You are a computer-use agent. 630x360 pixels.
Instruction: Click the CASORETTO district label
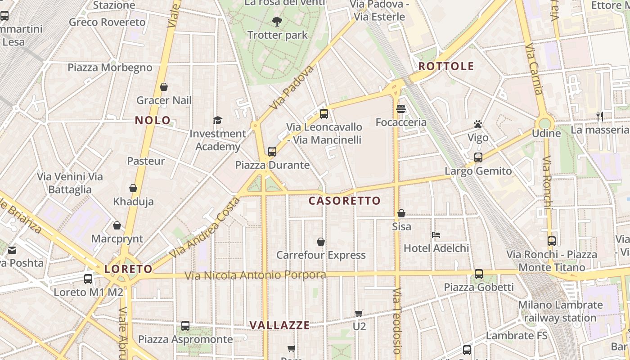pyautogui.click(x=345, y=201)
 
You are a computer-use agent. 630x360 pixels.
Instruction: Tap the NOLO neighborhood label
pyautogui.click(x=153, y=121)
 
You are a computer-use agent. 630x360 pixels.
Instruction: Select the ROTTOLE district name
pyautogui.click(x=446, y=67)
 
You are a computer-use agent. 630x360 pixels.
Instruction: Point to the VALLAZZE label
pyautogui.click(x=279, y=325)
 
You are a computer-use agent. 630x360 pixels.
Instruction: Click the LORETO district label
pyautogui.click(x=128, y=269)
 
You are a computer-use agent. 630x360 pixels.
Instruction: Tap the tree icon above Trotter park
pyautogui.click(x=277, y=21)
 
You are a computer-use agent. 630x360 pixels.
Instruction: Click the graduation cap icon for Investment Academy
pyautogui.click(x=218, y=120)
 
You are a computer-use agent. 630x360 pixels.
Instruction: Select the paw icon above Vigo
pyautogui.click(x=478, y=124)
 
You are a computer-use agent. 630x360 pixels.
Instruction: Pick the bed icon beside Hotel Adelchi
pyautogui.click(x=436, y=234)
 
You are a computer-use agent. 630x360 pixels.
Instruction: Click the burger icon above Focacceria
pyautogui.click(x=401, y=109)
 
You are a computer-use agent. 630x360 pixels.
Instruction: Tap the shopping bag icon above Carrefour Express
pyautogui.click(x=321, y=242)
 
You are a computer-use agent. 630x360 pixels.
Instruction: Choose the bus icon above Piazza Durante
pyautogui.click(x=272, y=152)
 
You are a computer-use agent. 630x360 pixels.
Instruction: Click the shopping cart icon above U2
pyautogui.click(x=359, y=313)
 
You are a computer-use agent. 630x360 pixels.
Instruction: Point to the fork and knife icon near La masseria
pyautogui.click(x=599, y=117)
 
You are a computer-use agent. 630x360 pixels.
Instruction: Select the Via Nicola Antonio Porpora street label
pyautogui.click(x=256, y=275)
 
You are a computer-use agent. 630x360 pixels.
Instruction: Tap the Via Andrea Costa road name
pyautogui.click(x=205, y=228)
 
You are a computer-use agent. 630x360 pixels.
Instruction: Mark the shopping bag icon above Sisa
pyautogui.click(x=401, y=213)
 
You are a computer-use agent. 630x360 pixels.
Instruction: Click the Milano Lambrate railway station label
pyautogui.click(x=560, y=311)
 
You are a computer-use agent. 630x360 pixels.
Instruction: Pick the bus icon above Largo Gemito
pyautogui.click(x=478, y=157)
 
